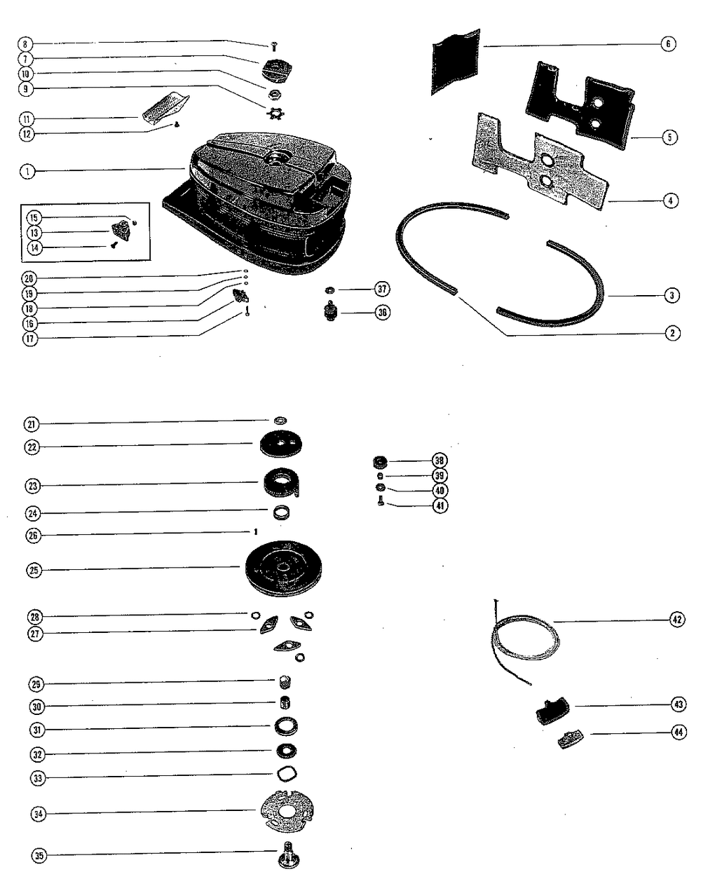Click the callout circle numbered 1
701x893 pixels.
[x=27, y=171]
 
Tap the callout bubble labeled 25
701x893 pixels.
[x=33, y=570]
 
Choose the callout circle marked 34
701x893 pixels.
[x=39, y=814]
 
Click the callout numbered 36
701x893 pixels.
[x=382, y=313]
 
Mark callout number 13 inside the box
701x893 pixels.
[x=34, y=232]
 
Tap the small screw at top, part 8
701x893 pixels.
[x=273, y=46]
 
